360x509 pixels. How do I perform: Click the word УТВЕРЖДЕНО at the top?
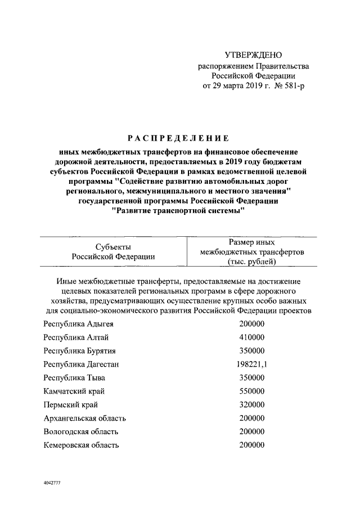[253, 55]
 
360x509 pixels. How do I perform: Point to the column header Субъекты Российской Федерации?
[113, 251]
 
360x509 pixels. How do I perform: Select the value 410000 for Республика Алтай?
[252, 337]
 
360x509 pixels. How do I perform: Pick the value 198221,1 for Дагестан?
[252, 364]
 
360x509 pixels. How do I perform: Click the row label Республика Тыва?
[74, 377]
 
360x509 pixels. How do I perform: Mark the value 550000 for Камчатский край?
[252, 391]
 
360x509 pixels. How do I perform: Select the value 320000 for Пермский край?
[252, 404]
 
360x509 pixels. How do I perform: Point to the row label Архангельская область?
[84, 418]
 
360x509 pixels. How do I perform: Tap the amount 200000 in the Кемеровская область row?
[252, 445]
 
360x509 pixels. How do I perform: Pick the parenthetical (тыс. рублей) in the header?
[252, 262]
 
